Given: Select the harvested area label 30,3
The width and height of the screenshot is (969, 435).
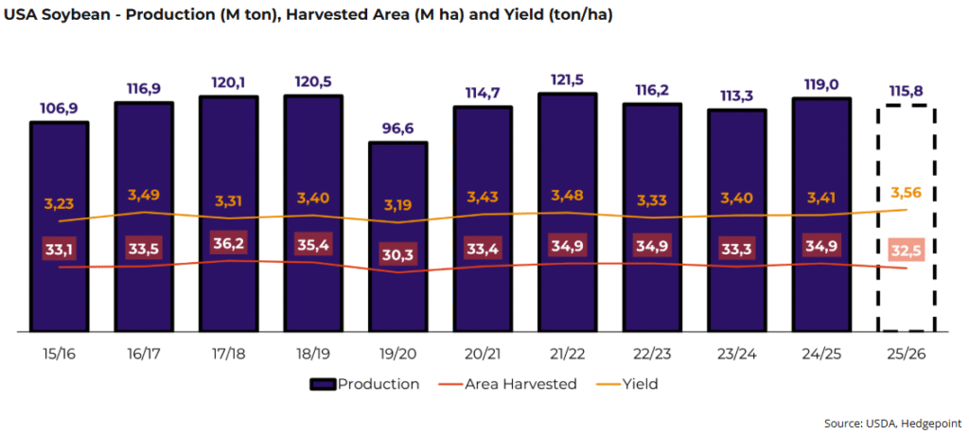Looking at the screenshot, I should coord(397,255).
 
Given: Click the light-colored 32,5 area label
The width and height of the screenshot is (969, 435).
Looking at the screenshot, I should coord(906,252).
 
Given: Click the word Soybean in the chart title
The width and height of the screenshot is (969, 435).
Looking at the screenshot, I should coord(77,16).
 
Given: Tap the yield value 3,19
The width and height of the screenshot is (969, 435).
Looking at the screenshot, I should coord(397,203).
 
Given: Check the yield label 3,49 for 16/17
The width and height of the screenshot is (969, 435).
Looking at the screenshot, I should coord(143,195).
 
